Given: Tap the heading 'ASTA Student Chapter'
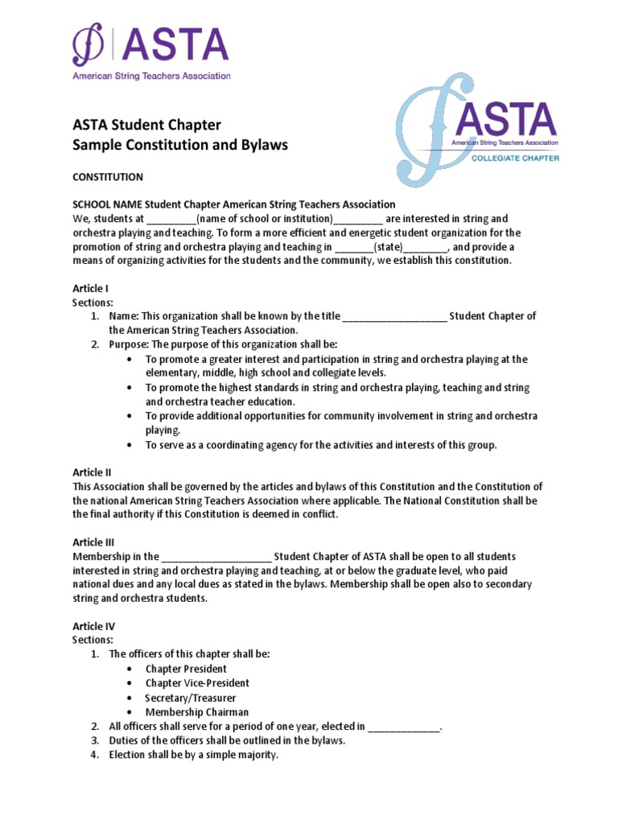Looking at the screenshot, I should pos(146,125).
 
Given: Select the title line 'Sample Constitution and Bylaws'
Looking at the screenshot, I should pos(179,145).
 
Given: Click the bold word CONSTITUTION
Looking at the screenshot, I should pos(108,177).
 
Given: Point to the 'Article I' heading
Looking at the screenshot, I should pos(90,288).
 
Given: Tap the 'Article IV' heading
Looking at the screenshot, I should pos(93,626).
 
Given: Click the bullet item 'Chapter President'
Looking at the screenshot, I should pos(186,669).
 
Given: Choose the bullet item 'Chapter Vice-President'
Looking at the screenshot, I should pos(197,683).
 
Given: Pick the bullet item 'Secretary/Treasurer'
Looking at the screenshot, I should pos(190,698).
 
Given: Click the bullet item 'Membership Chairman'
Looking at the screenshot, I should pos(196,712).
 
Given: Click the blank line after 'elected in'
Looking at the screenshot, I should pos(404,727).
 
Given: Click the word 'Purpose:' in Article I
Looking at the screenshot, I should pos(128,344).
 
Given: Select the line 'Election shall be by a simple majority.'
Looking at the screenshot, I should pos(193,755).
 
